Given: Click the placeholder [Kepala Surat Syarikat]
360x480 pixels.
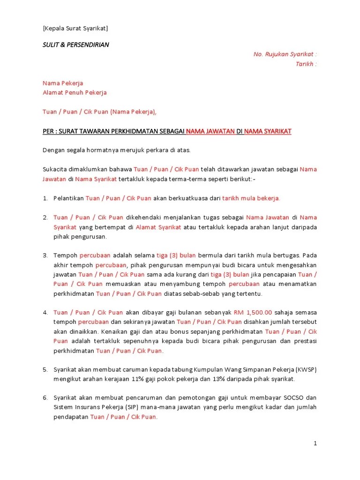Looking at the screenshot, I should [x=75, y=28].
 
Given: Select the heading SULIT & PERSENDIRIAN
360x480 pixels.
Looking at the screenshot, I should [x=76, y=45].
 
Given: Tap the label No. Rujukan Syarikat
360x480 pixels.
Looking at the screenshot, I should [x=285, y=54].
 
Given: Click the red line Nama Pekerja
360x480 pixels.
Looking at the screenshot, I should [x=63, y=83].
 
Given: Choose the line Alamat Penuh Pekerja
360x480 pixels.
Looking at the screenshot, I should [x=75, y=92].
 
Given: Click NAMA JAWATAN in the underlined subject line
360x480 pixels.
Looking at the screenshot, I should [x=210, y=131].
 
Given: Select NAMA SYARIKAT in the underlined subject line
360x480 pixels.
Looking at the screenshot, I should [x=268, y=131].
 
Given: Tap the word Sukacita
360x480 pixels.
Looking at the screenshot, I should [x=55, y=169].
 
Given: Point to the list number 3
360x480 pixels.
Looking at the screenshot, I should [x=45, y=255].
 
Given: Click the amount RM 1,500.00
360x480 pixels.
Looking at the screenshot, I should [x=253, y=313].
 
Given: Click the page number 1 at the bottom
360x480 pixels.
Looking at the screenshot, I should [x=315, y=443].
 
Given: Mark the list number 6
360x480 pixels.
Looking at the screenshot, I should [x=45, y=398].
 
